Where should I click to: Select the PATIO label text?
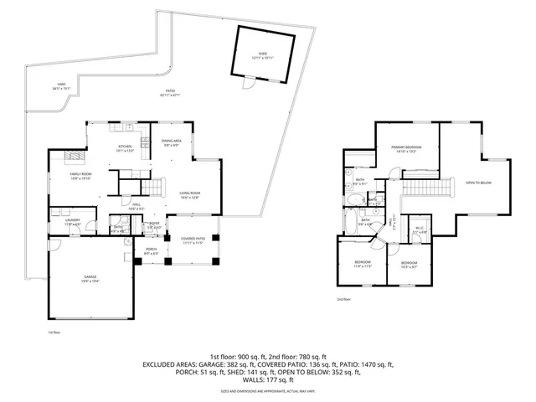click(x=169, y=93)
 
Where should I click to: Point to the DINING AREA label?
click(x=172, y=143)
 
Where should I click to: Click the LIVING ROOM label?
click(x=188, y=195)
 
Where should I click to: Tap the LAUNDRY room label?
click(x=73, y=224)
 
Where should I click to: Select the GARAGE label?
click(x=90, y=279)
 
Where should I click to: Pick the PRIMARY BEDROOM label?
click(x=406, y=149)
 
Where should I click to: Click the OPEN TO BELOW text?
click(x=478, y=182)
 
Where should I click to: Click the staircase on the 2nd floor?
click(x=427, y=186)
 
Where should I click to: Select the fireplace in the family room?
click(x=70, y=158)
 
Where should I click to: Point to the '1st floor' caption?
click(x=54, y=332)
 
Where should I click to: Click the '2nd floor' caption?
click(x=343, y=299)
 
